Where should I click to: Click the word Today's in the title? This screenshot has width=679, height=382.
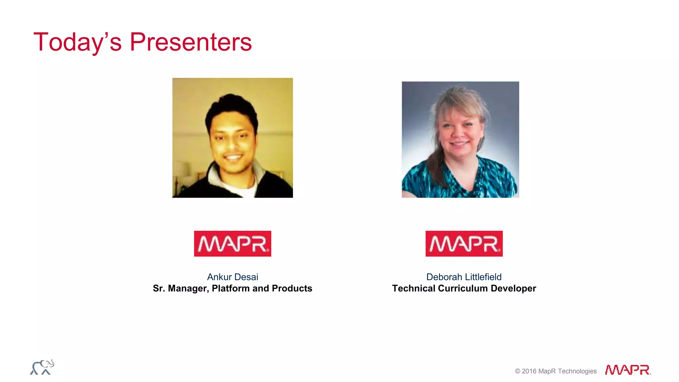click(78, 42)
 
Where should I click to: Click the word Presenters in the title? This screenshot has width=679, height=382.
click(191, 42)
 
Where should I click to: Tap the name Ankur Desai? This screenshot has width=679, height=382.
click(232, 277)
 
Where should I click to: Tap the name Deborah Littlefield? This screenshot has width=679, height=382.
click(464, 277)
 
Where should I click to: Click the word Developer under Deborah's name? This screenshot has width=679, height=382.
click(513, 288)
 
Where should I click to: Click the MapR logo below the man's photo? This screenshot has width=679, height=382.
click(232, 244)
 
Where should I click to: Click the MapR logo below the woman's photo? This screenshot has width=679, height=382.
click(464, 244)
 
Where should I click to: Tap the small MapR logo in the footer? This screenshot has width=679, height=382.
click(628, 370)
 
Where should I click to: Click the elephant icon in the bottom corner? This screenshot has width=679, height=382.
click(42, 367)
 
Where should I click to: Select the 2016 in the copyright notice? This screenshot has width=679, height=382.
click(529, 371)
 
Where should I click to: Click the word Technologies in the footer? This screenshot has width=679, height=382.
click(577, 371)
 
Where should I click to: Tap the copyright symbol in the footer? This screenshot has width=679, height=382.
click(518, 371)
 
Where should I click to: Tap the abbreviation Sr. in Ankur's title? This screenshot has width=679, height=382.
click(159, 288)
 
